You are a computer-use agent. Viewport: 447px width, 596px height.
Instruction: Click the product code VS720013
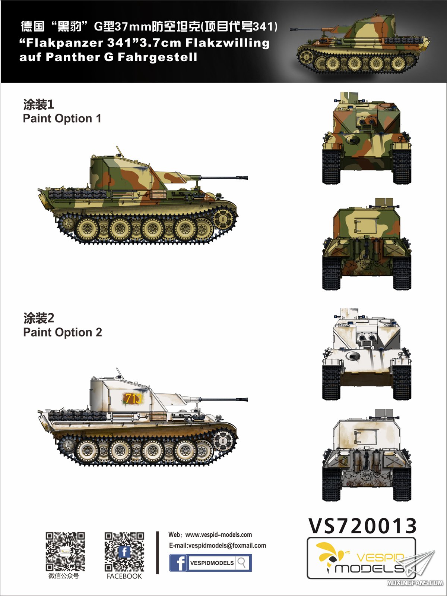click(x=362, y=526)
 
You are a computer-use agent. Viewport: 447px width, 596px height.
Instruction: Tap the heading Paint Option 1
click(x=62, y=119)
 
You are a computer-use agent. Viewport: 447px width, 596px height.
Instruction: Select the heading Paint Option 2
click(x=62, y=332)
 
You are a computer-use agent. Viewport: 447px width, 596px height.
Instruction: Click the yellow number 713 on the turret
click(x=133, y=399)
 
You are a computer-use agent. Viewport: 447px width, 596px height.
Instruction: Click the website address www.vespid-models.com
click(x=219, y=534)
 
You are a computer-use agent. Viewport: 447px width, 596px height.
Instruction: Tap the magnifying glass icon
click(x=242, y=562)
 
